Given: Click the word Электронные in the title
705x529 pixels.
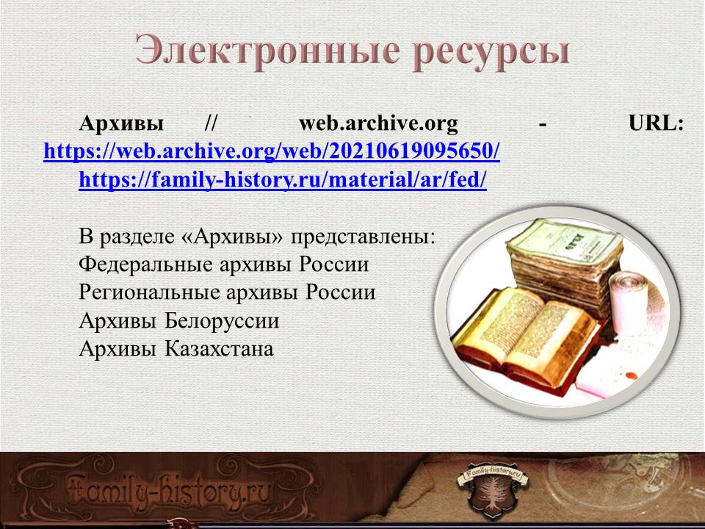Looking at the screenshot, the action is [x=267, y=50].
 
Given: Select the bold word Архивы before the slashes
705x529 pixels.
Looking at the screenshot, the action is [x=121, y=123].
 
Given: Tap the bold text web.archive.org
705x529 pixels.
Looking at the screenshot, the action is [x=379, y=123].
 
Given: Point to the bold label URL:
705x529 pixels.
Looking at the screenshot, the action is [x=656, y=123].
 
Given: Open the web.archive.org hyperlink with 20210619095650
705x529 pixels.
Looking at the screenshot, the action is [x=272, y=151].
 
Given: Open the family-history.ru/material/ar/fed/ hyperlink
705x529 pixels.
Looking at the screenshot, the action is [x=283, y=180].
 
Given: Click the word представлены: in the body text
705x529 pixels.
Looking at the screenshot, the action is [x=364, y=237].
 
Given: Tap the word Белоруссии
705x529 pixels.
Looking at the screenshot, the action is [x=222, y=321].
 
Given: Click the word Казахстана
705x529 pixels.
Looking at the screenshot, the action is [x=219, y=348].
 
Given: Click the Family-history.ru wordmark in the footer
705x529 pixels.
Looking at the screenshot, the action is [x=171, y=490].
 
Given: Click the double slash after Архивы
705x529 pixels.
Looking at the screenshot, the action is [x=211, y=123].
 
